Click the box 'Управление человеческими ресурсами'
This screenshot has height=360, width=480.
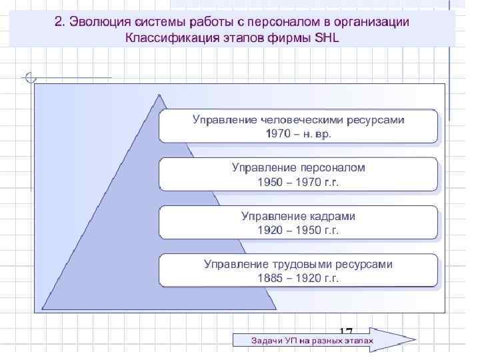click(298, 125)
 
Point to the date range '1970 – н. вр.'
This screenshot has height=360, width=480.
click(298, 133)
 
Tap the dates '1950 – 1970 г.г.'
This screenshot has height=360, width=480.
click(298, 183)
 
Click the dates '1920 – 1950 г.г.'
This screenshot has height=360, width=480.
click(298, 231)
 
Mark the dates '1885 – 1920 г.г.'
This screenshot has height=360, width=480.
click(298, 279)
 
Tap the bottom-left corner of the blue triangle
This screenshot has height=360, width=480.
click(43, 309)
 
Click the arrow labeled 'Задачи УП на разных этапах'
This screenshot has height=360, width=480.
click(313, 341)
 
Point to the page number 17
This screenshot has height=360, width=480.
click(345, 331)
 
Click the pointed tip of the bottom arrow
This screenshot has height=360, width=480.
click(415, 340)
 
